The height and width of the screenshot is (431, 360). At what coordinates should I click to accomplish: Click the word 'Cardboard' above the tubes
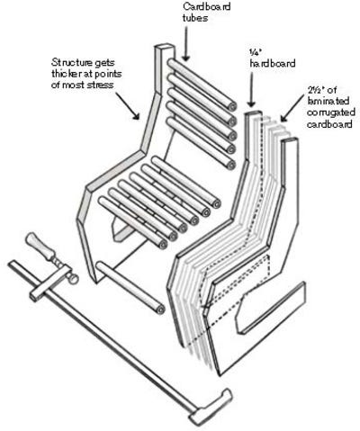pos(207,5)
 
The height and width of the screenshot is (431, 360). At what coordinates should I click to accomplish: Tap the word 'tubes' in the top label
pos(195,18)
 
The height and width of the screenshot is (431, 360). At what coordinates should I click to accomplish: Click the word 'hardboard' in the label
pos(273,63)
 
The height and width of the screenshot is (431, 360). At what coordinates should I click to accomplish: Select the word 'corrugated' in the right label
pos(331,112)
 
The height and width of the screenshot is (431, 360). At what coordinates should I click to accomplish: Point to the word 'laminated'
pos(328,101)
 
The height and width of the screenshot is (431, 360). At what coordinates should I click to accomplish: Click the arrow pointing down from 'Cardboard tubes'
pos(186,43)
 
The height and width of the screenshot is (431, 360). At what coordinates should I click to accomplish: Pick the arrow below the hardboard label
pos(251,90)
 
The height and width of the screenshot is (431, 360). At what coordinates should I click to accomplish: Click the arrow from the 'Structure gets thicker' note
pos(128,106)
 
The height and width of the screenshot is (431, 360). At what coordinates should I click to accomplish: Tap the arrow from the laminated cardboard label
pos(292,108)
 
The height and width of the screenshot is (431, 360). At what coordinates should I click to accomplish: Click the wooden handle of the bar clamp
pos(40,246)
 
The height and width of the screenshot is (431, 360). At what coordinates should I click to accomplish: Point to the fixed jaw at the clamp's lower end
pos(211,407)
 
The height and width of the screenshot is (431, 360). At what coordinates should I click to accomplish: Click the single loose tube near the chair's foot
pos(130,287)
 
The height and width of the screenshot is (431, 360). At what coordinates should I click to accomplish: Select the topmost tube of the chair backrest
pos(202,85)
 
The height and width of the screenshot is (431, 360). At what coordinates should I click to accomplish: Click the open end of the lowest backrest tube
pos(231,165)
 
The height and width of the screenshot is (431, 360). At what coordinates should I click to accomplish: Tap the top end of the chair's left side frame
pos(165,48)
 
